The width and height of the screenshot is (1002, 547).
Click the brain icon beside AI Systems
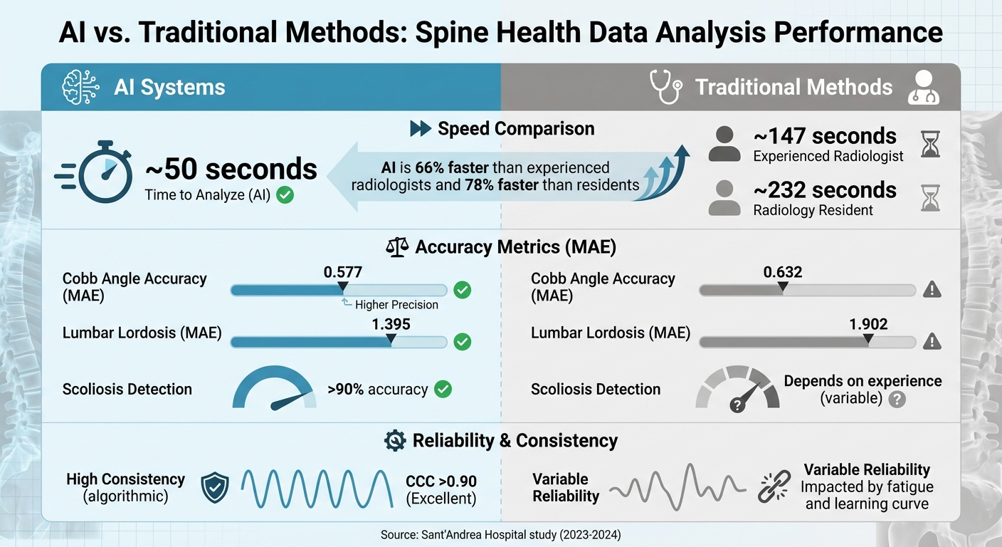click(80, 87)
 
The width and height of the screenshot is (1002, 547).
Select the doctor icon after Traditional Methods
click(924, 87)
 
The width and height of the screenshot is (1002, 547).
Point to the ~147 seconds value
click(825, 135)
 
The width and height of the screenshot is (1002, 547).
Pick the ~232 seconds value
click(825, 190)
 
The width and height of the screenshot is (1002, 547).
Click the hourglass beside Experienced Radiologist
click(930, 144)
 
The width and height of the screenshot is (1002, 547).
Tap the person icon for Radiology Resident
click(724, 199)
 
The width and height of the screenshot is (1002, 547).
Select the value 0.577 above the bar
click(342, 271)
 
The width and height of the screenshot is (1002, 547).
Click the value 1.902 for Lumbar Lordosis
click(868, 324)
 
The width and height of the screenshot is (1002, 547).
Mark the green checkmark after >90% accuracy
click(443, 389)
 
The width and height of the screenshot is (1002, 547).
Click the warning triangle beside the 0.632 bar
click(932, 289)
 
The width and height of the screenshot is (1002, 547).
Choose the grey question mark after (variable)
click(897, 400)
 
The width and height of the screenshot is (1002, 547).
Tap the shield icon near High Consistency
click(215, 489)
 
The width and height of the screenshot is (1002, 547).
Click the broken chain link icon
click(773, 487)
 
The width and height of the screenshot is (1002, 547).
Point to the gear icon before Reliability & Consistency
click(394, 441)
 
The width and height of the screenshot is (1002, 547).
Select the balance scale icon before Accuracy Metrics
click(397, 247)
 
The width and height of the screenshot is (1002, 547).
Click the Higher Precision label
click(396, 304)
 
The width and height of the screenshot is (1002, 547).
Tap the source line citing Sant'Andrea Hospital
click(500, 534)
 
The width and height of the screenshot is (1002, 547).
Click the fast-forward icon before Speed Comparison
click(421, 129)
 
